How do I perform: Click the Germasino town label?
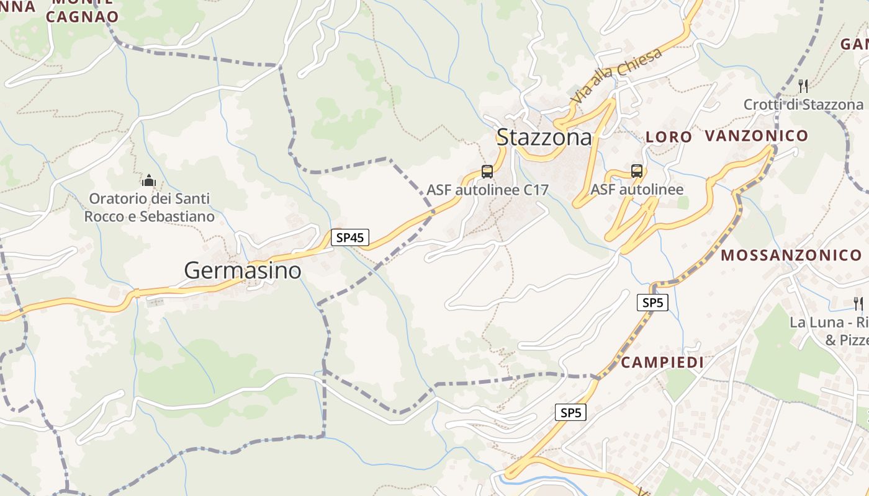pyautogui.click(x=243, y=270)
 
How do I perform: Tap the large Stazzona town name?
pyautogui.click(x=544, y=137)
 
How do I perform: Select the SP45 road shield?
pyautogui.click(x=350, y=237)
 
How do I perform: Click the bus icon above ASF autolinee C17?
pyautogui.click(x=487, y=172)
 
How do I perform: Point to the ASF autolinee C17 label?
pyautogui.click(x=487, y=190)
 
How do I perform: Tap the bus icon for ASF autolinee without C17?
pyautogui.click(x=637, y=171)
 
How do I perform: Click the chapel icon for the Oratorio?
pyautogui.click(x=149, y=181)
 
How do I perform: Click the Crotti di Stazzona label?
pyautogui.click(x=803, y=105)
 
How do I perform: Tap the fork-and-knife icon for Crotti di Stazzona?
pyautogui.click(x=803, y=86)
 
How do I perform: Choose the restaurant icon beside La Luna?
pyautogui.click(x=858, y=303)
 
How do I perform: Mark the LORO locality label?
pyautogui.click(x=669, y=137)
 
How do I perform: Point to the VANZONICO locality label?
pyautogui.click(x=757, y=136)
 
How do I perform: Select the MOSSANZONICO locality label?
pyautogui.click(x=791, y=255)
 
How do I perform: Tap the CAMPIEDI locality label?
pyautogui.click(x=662, y=363)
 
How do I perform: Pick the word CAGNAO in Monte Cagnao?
pyautogui.click(x=82, y=17)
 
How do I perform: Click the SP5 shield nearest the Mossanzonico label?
pyautogui.click(x=652, y=303)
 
